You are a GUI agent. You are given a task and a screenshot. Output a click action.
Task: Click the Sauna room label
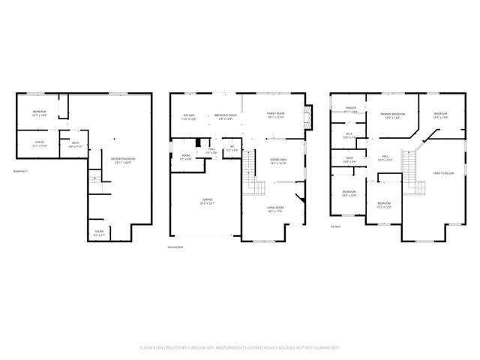click(99, 232)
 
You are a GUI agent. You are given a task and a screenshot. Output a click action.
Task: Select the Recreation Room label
click(123, 160)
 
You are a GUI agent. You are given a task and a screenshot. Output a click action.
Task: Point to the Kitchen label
click(189, 116)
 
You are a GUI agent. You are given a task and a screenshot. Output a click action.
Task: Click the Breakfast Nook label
click(226, 116)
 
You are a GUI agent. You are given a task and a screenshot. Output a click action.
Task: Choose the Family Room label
click(276, 115)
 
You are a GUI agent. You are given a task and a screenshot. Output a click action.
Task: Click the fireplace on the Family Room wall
click(304, 115)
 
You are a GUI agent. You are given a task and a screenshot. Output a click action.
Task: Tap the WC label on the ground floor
click(232, 148)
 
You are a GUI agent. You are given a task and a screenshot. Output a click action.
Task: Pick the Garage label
click(207, 201)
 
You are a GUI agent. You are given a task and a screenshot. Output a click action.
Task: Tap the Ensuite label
click(349, 110)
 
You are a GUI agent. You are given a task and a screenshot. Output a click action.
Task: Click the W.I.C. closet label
click(349, 136)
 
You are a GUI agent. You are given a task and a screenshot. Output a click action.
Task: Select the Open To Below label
click(444, 173)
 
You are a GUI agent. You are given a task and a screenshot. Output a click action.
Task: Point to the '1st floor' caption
click(336, 225)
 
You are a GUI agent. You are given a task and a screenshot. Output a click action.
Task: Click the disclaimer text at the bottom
click(240, 348)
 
